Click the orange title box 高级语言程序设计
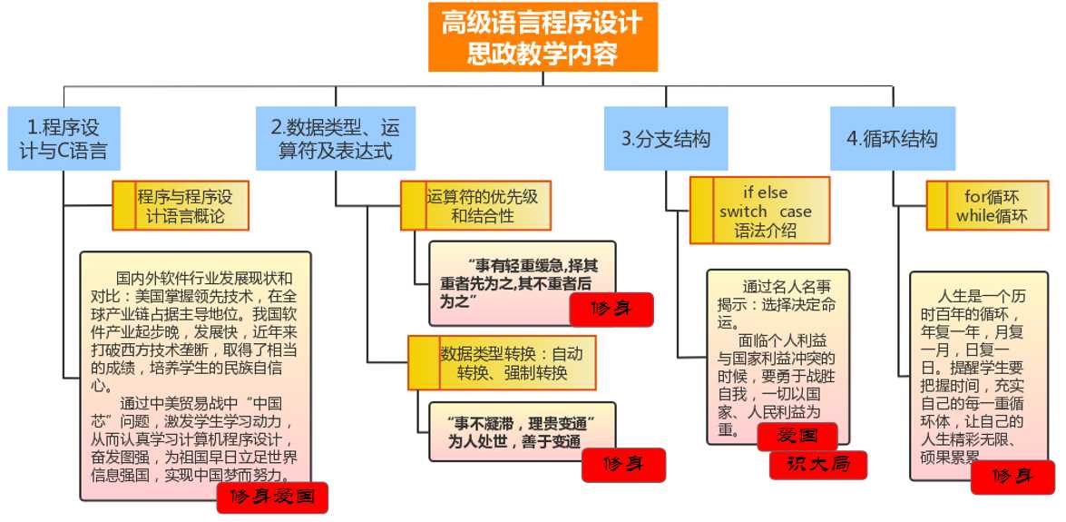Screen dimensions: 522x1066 click(x=543, y=36)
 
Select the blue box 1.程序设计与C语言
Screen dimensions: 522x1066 click(x=63, y=138)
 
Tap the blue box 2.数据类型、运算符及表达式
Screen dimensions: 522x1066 click(x=335, y=138)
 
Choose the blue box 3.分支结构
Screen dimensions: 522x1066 click(x=665, y=138)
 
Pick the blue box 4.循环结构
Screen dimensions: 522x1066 click(x=893, y=138)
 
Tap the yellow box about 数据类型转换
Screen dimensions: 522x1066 click(x=501, y=362)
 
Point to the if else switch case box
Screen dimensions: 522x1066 click(x=759, y=211)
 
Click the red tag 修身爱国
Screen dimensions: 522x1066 click(x=271, y=497)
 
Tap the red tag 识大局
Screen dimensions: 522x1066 click(x=817, y=465)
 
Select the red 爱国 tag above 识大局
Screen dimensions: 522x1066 click(x=797, y=437)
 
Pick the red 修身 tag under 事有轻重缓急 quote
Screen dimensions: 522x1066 click(x=611, y=310)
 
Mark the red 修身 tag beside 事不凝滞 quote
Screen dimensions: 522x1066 click(x=623, y=465)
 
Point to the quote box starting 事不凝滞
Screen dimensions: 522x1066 click(x=513, y=431)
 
